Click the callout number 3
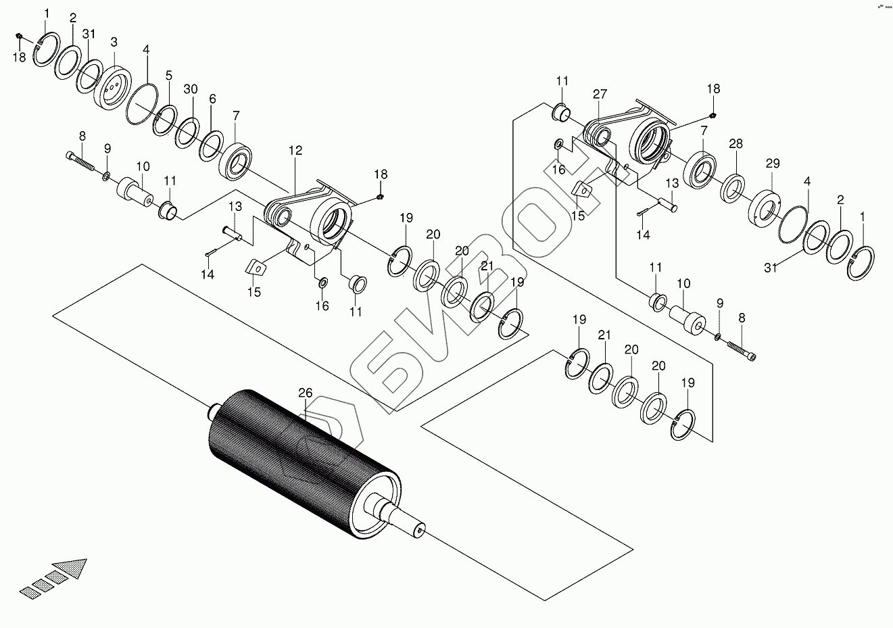click(114, 42)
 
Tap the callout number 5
click(168, 75)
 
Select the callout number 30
click(191, 89)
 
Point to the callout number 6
click(212, 99)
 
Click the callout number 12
click(295, 151)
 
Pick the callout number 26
click(306, 393)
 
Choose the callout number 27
click(600, 94)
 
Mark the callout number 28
click(735, 143)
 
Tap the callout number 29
click(773, 164)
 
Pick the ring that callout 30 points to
click(187, 132)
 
